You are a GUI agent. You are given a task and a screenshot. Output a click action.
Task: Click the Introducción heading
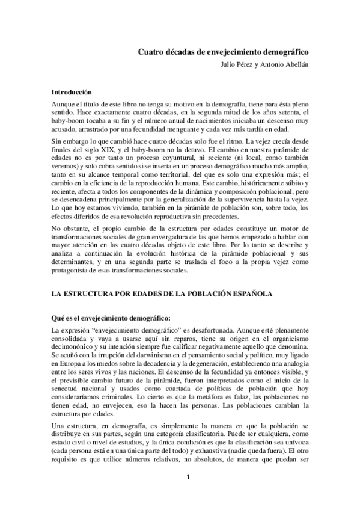tap(71, 93)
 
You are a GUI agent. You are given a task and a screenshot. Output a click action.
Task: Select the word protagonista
tap(73, 270)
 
